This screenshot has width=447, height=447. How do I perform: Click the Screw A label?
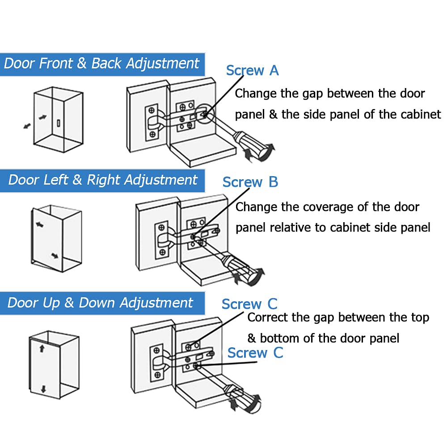(x=252, y=71)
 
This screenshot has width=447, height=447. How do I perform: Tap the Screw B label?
(x=250, y=182)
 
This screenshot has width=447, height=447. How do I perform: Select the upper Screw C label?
(x=249, y=304)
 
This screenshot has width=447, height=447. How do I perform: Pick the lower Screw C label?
(x=255, y=353)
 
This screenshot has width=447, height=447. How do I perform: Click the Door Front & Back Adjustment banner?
(x=102, y=63)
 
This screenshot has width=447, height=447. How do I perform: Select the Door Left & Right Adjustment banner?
(x=103, y=180)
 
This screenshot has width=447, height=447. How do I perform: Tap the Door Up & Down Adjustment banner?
(x=101, y=303)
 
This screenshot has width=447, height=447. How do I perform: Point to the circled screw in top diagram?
(x=204, y=114)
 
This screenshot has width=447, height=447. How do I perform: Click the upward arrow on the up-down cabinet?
(x=42, y=348)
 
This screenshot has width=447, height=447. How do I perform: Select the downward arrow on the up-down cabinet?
(x=43, y=388)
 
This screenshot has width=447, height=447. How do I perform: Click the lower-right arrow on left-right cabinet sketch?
(x=55, y=256)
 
